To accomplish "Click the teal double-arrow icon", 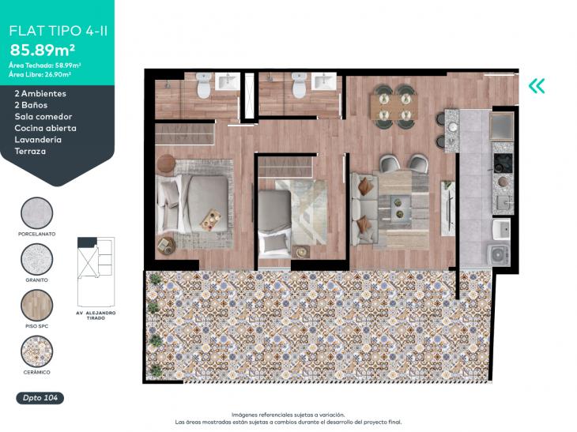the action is [537, 86].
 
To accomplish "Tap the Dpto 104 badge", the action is [40, 398].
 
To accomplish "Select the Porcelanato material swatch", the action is [37, 213].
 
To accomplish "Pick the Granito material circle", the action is [37, 259].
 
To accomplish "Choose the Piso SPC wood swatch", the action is [37, 305].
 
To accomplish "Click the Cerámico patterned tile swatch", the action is [37, 351].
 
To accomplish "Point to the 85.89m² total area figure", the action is [43, 50].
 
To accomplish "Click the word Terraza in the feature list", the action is [30, 151].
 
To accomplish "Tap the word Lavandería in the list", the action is [38, 140].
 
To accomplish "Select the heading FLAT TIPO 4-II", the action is [58, 31].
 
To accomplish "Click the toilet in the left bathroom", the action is [203, 85].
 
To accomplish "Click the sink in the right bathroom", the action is [324, 81].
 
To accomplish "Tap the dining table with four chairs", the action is [394, 107].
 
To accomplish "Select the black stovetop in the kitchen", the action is [503, 163].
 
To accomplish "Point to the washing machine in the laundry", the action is [499, 254].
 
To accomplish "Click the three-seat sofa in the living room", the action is [364, 208].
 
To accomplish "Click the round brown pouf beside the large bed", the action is [166, 163].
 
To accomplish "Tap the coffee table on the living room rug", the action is [401, 208].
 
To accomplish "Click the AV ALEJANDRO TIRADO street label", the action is [96, 315].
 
